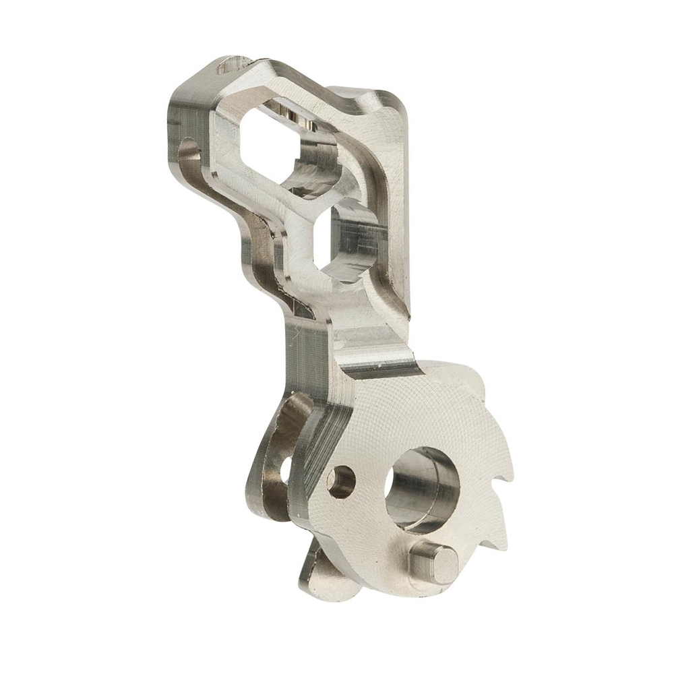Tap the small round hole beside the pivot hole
(x=342, y=481)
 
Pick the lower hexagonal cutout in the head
(x=348, y=239)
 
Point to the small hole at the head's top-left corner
(x=229, y=67)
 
